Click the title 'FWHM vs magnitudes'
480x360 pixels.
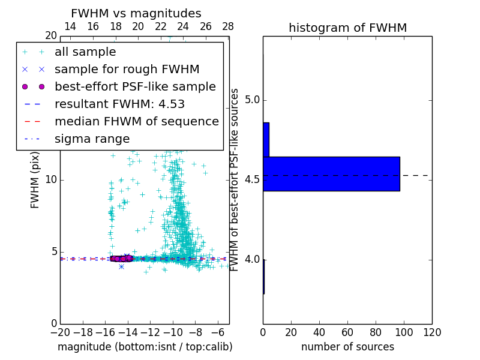click(136, 14)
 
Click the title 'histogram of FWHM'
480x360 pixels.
click(347, 28)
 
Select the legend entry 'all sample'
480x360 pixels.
click(85, 52)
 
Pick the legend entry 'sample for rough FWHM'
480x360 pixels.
click(127, 70)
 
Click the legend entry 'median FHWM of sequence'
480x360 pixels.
click(136, 122)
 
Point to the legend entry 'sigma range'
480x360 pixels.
click(92, 139)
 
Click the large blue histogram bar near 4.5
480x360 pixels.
click(331, 174)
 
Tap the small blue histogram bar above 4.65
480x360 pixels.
click(266, 140)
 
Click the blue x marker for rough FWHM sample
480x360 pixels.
click(121, 266)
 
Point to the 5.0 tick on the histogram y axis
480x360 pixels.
click(250, 100)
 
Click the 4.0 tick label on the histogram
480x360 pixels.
click(250, 259)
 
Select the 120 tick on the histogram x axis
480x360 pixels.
click(432, 332)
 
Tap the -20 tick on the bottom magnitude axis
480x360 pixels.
click(60, 332)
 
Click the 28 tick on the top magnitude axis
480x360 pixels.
click(228, 26)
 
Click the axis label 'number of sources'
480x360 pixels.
click(347, 347)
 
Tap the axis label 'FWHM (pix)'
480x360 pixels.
click(35, 179)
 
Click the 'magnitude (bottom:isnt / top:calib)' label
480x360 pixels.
click(145, 347)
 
